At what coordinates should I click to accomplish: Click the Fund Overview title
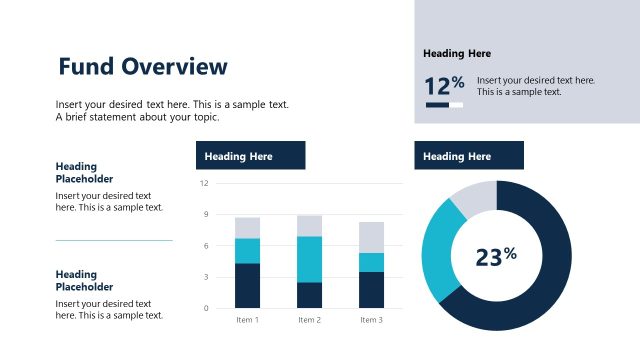click(x=143, y=67)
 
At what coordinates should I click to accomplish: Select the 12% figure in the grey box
click(x=444, y=86)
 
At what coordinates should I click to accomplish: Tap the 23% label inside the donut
click(x=495, y=257)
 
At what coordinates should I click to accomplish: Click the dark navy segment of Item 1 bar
click(x=247, y=285)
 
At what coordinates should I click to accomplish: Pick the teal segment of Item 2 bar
click(x=309, y=259)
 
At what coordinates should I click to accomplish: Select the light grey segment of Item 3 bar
click(x=371, y=237)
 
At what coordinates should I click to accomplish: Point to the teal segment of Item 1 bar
click(x=247, y=250)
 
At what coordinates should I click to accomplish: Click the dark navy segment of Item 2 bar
click(x=309, y=295)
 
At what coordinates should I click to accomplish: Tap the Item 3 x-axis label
click(x=371, y=320)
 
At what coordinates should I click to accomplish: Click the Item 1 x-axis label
click(x=247, y=320)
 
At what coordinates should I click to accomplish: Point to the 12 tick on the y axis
click(x=204, y=184)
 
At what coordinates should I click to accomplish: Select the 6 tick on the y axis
click(x=205, y=246)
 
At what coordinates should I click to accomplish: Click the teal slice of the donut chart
click(x=438, y=250)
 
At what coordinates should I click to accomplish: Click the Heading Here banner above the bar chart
click(x=250, y=156)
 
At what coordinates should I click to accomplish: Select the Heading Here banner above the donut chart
click(x=469, y=156)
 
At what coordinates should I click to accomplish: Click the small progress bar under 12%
click(x=444, y=105)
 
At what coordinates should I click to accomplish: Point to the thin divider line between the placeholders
click(x=114, y=240)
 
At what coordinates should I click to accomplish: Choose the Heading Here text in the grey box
click(x=457, y=54)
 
